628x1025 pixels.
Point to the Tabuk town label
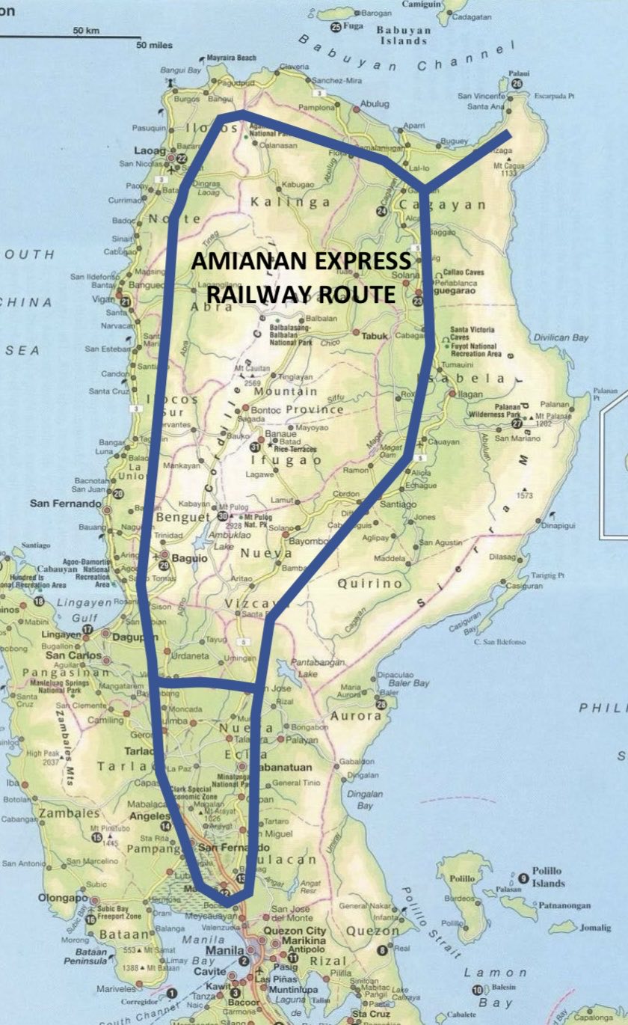pos(375,336)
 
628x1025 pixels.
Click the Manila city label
pos(225,947)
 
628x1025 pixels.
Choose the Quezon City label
pos(298,921)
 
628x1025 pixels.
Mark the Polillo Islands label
pos(548,877)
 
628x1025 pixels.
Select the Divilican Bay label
pos(559,337)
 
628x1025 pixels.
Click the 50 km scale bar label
pos(87,30)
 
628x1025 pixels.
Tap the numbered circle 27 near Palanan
pos(517,423)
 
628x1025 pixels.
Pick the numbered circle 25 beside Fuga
pos(336,26)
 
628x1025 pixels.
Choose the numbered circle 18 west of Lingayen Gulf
pos(38,602)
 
